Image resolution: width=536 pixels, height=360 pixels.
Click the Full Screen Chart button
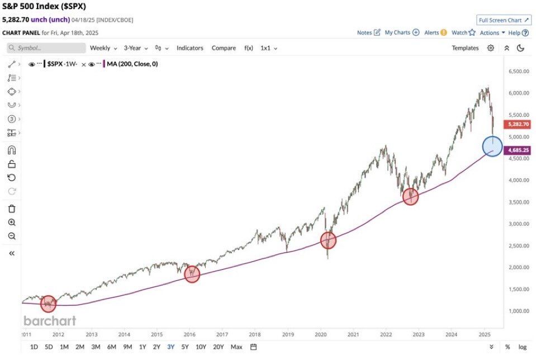[504, 20]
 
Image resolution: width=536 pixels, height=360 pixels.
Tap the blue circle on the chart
[492, 146]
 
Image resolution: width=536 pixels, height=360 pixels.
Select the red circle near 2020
[329, 240]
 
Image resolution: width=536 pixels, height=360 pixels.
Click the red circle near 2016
[192, 274]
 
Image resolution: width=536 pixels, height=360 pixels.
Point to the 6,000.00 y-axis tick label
[519, 93]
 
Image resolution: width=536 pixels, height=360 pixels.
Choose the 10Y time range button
[201, 347]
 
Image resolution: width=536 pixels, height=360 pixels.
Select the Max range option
[236, 347]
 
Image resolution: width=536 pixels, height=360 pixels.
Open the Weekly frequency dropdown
[103, 48]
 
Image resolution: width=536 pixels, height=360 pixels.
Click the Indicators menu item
[190, 48]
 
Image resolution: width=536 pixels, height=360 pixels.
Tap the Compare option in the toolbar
[224, 48]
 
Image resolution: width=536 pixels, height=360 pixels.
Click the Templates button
[465, 48]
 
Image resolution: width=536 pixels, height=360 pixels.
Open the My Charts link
[401, 32]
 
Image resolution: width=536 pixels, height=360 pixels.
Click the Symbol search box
[46, 48]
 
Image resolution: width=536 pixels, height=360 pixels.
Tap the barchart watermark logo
[50, 321]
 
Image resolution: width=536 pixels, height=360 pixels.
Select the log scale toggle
[523, 347]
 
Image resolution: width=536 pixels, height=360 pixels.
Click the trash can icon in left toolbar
[12, 209]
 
